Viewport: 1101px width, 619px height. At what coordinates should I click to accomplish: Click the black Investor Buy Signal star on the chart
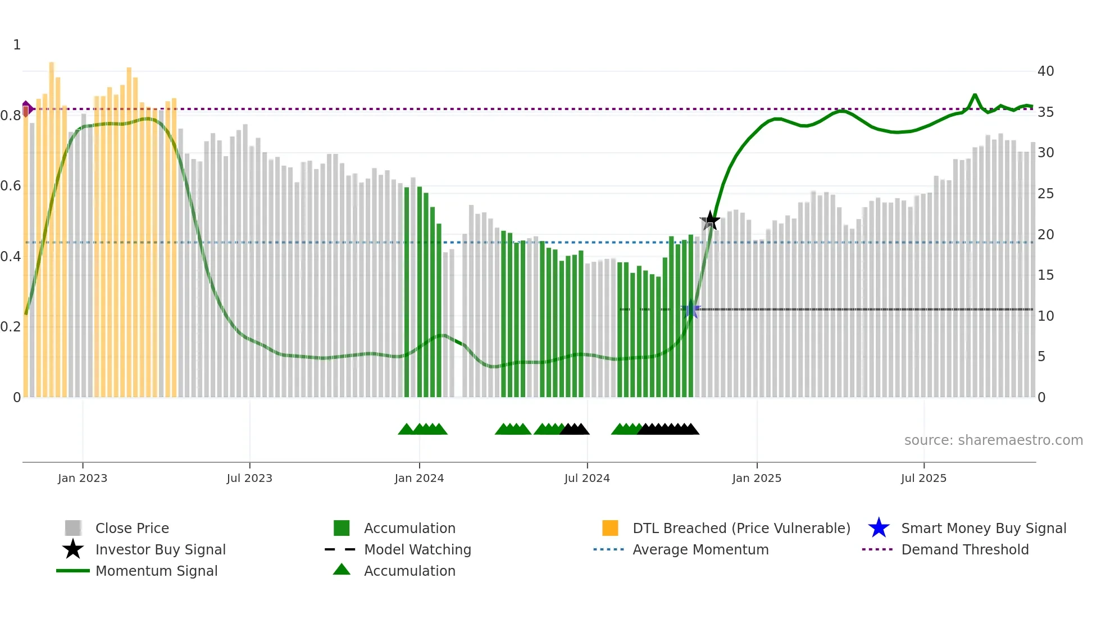(710, 220)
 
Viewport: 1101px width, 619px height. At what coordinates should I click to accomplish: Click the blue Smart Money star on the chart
(691, 309)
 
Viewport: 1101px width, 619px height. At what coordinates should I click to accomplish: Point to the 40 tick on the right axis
(1045, 71)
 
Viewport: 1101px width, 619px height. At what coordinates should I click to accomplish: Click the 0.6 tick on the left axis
(11, 186)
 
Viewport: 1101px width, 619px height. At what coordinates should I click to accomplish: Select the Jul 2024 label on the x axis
(587, 478)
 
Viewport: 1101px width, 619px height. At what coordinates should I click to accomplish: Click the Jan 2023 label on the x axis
(83, 478)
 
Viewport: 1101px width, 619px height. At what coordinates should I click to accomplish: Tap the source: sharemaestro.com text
(993, 440)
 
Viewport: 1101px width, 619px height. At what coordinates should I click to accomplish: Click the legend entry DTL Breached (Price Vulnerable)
(741, 528)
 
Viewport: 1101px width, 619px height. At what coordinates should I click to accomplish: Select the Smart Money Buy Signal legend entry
(983, 528)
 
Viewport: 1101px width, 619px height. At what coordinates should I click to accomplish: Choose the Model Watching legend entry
(417, 549)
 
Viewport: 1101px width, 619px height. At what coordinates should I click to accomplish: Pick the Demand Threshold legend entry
(964, 549)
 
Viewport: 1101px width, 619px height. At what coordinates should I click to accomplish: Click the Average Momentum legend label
(700, 549)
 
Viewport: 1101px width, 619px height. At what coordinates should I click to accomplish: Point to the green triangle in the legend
(342, 570)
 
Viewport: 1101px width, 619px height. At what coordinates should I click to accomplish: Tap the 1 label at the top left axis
(17, 45)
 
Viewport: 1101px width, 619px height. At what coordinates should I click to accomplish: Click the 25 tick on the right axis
(1045, 194)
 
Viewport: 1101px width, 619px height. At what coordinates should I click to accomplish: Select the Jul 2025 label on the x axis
(923, 478)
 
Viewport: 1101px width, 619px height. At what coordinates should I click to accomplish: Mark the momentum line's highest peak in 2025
(975, 95)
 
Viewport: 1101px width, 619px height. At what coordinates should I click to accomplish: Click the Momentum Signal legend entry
(156, 571)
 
